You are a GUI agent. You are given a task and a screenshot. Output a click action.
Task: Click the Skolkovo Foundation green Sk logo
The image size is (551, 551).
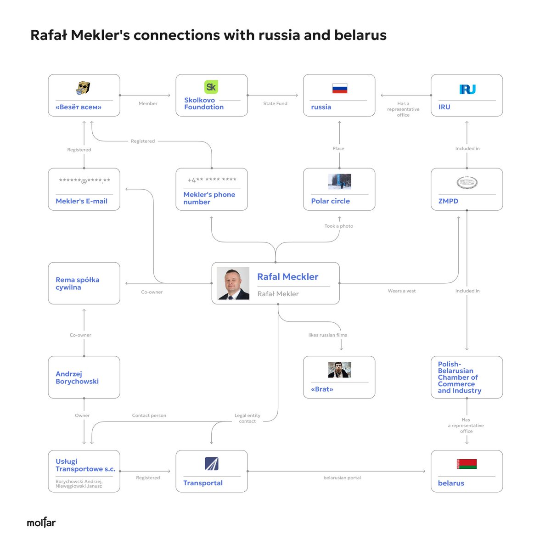click(211, 87)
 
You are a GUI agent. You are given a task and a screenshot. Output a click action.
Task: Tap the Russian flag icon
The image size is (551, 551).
click(339, 88)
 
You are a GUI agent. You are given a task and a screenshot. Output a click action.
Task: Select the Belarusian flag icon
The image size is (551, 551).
click(467, 464)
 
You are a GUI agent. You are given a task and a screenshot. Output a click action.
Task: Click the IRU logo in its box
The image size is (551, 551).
click(467, 90)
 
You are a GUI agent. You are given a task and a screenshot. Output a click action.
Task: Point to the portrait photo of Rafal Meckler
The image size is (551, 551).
click(233, 283)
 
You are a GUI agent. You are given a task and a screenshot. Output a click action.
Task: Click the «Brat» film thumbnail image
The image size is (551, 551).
click(339, 370)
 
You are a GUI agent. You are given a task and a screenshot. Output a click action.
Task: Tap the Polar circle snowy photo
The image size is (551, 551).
click(339, 182)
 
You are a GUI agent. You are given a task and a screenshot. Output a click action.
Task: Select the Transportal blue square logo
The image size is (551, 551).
click(212, 464)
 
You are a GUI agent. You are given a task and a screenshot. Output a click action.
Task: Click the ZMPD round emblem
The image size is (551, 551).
click(467, 183)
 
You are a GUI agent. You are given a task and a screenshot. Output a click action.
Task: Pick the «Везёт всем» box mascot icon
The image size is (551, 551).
click(83, 88)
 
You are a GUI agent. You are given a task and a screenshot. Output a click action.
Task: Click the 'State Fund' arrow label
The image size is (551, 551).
click(275, 104)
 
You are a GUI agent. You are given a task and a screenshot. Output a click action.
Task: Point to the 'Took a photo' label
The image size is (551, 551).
click(339, 226)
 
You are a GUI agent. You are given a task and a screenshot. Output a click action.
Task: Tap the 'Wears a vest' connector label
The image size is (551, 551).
click(402, 291)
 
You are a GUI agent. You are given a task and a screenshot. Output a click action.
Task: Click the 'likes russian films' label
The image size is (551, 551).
click(328, 335)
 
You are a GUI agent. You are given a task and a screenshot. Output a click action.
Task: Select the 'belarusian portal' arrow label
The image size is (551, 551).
click(342, 478)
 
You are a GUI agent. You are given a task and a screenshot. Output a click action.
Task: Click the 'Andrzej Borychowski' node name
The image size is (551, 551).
click(77, 377)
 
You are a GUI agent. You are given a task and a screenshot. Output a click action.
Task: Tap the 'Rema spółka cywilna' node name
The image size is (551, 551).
click(78, 283)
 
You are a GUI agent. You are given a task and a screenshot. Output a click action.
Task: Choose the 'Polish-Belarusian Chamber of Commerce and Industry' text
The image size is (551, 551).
click(459, 377)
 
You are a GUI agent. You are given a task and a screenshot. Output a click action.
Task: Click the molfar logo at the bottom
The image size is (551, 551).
click(41, 523)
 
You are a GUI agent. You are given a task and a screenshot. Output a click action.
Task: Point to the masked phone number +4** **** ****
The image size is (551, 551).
click(212, 180)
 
